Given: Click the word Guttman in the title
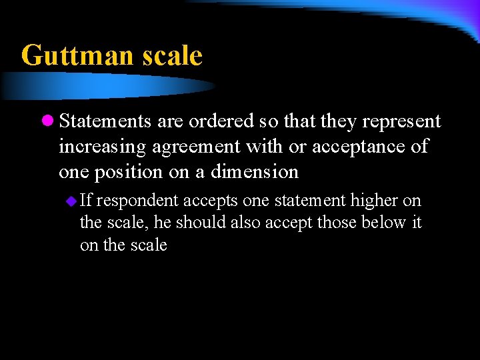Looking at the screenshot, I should [77, 55].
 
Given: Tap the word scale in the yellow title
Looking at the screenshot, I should [172, 55].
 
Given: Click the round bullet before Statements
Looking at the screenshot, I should [47, 121].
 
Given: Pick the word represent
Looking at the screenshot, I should [403, 121].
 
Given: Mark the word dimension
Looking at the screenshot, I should [255, 172].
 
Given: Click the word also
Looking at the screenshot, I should [245, 223].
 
